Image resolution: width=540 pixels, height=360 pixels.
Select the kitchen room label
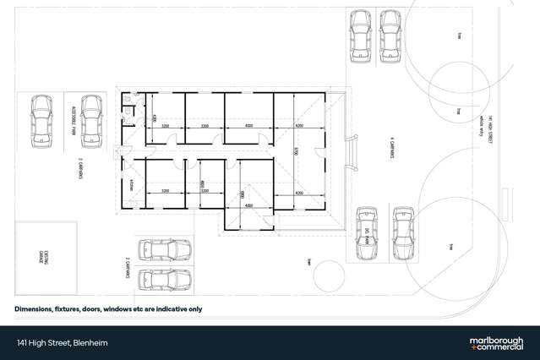click(x=133, y=184)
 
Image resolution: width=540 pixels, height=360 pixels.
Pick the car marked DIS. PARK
click(x=367, y=231)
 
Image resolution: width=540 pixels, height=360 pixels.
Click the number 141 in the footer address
click(x=21, y=343)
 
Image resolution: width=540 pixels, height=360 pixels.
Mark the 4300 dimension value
click(x=155, y=117)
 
